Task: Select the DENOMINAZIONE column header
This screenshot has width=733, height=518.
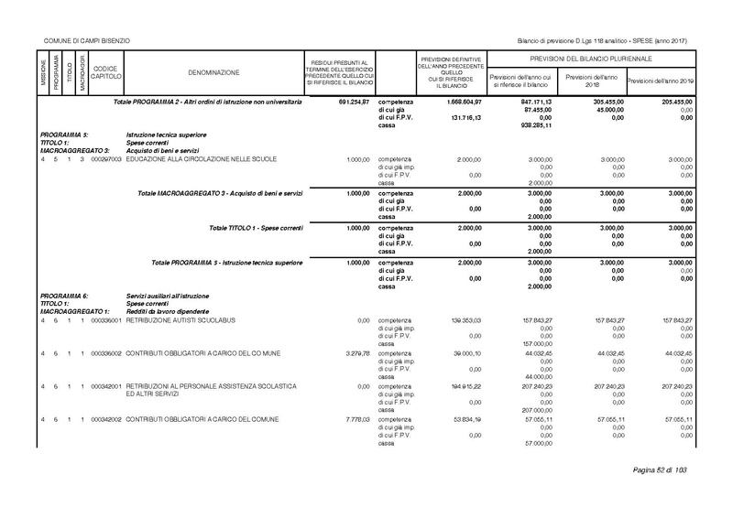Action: click(x=213, y=71)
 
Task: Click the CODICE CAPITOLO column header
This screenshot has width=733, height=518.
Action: click(x=105, y=71)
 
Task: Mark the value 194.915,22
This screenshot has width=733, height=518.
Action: click(x=454, y=387)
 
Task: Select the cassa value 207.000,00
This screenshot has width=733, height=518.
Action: click(x=536, y=411)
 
